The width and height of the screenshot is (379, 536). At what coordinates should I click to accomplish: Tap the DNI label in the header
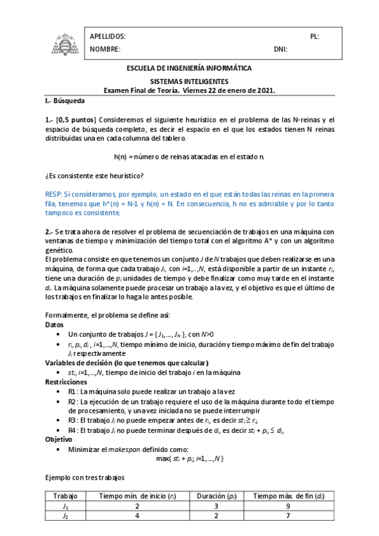pyautogui.click(x=280, y=49)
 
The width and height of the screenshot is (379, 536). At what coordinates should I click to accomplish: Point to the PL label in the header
pyautogui.click(x=314, y=37)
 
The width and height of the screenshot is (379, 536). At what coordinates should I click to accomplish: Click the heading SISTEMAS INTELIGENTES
pyautogui.click(x=189, y=82)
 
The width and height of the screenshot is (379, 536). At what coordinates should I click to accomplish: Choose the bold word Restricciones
pyautogui.click(x=66, y=382)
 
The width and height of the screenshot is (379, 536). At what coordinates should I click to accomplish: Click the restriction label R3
pyautogui.click(x=73, y=420)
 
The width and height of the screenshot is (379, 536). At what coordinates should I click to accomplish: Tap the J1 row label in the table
pyautogui.click(x=65, y=506)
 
